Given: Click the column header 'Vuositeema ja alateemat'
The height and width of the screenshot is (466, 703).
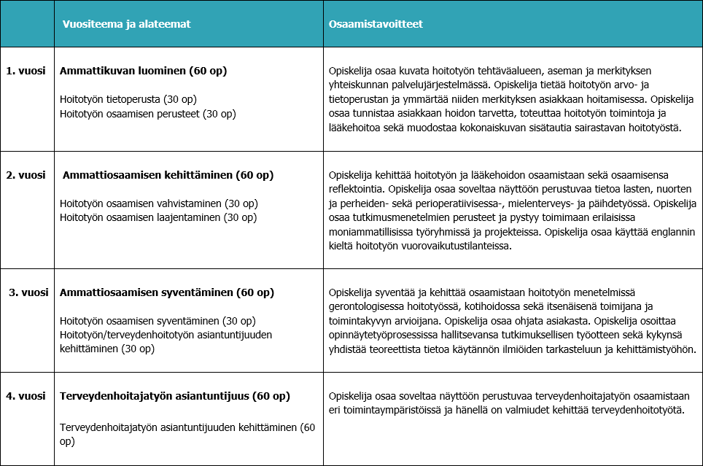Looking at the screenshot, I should pyautogui.click(x=126, y=24).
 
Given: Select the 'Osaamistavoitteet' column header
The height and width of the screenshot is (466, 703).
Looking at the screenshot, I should pyautogui.click(x=376, y=24).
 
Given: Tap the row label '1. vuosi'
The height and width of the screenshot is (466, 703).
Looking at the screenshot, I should pyautogui.click(x=26, y=71).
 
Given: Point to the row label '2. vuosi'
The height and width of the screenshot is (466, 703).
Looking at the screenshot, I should pyautogui.click(x=26, y=175).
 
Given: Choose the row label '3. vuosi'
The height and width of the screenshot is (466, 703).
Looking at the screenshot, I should pyautogui.click(x=28, y=292).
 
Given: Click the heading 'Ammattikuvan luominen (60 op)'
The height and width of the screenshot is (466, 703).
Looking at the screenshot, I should pyautogui.click(x=143, y=71).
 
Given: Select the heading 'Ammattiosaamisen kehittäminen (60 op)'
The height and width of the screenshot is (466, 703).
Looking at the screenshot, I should pyautogui.click(x=168, y=175).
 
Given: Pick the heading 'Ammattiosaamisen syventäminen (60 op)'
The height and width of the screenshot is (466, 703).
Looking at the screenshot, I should pyautogui.click(x=166, y=292).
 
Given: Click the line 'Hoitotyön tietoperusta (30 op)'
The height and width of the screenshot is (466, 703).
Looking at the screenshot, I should pyautogui.click(x=128, y=98).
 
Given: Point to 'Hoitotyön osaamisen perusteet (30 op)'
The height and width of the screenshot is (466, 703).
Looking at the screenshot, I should pyautogui.click(x=147, y=114).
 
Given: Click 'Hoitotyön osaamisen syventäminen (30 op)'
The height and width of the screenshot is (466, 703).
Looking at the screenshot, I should pyautogui.click(x=158, y=321).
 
